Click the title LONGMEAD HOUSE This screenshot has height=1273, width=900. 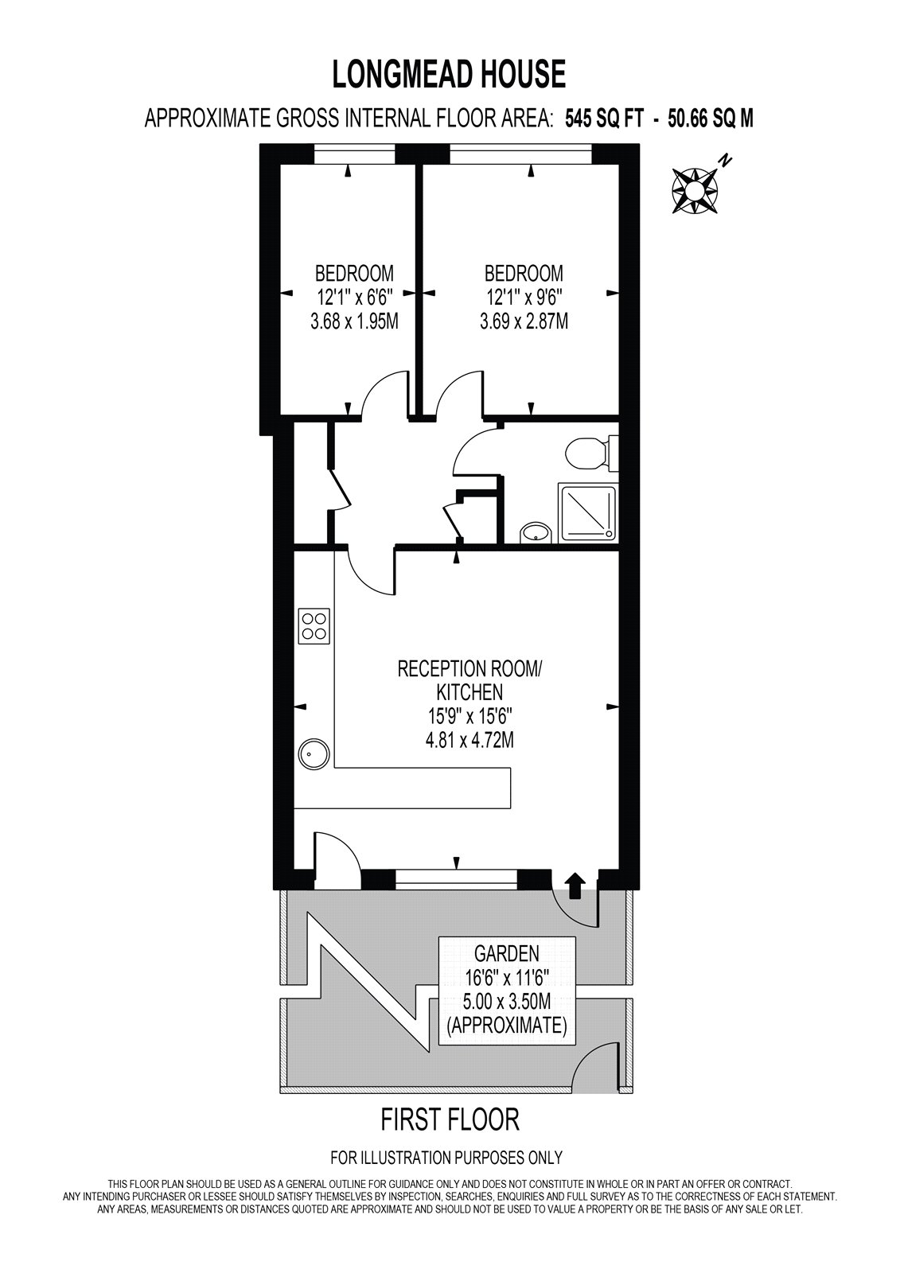coord(449,74)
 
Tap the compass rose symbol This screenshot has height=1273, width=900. coord(695,191)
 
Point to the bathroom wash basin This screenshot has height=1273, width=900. coord(535,532)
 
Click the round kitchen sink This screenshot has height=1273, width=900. coord(314,753)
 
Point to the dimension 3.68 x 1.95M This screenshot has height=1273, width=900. coord(353,322)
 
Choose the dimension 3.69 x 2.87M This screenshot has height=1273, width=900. coord(524,322)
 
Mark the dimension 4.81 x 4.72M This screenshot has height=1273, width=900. coord(469,741)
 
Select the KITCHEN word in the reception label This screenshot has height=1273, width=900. coord(469,692)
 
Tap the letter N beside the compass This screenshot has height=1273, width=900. coord(724,162)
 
